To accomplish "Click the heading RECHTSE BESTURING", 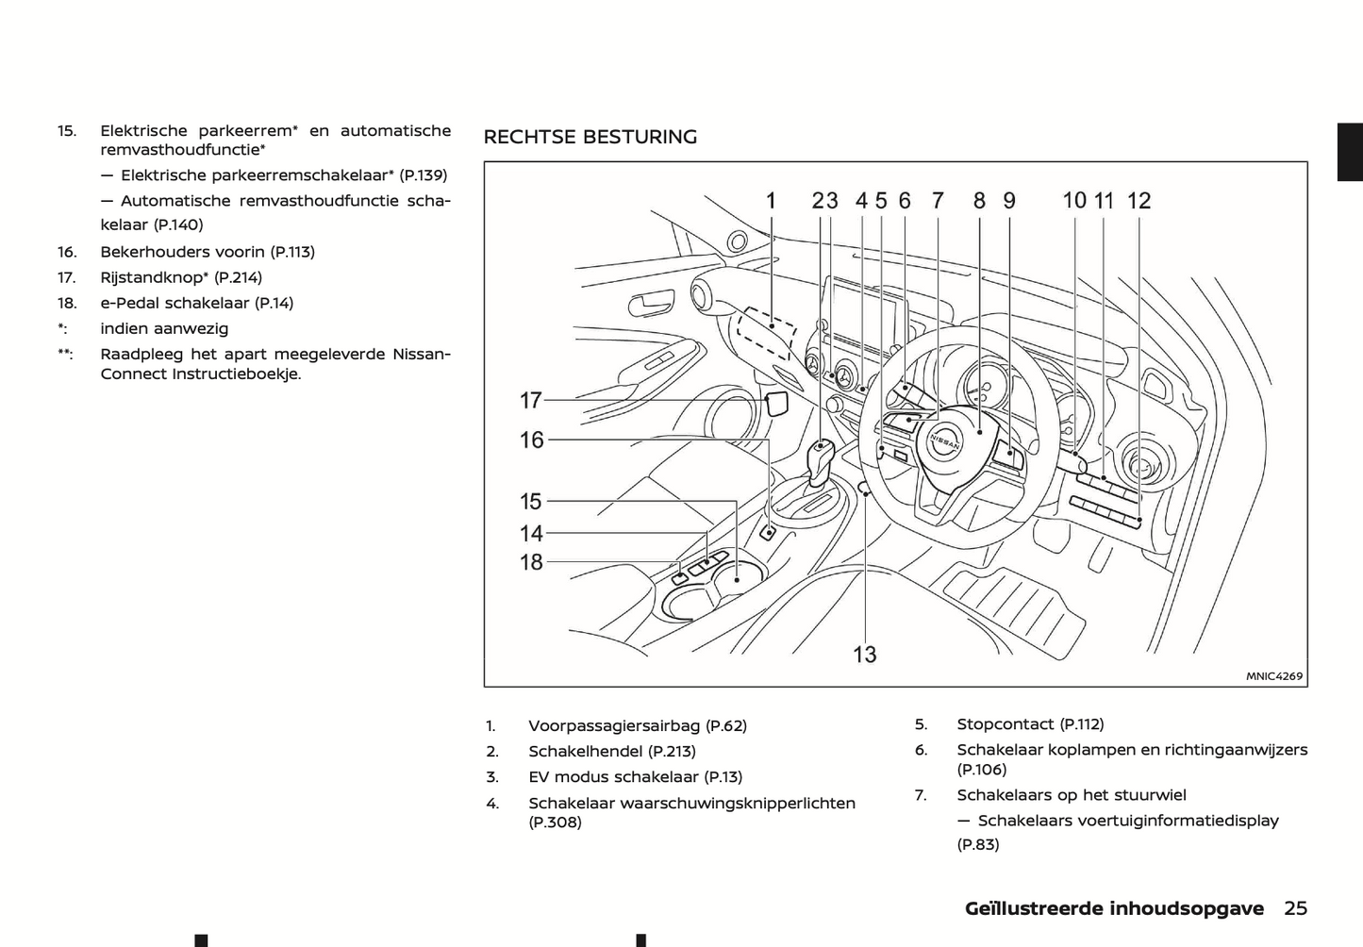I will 590,137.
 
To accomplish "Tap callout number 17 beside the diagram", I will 531,401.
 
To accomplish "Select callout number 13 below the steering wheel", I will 864,654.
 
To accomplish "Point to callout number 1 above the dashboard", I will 771,200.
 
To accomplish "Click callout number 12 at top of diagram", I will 1139,200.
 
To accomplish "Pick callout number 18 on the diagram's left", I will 531,562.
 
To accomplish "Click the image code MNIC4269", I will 1273,675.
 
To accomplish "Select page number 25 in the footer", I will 1295,908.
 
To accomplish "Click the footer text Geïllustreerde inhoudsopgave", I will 1113,908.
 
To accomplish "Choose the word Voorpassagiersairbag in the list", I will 615,725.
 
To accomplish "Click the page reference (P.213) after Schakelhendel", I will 672,751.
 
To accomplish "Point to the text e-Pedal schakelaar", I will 175,303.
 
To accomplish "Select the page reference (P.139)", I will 423,175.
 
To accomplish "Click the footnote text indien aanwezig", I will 164,328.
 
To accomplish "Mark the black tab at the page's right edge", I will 1350,151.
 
